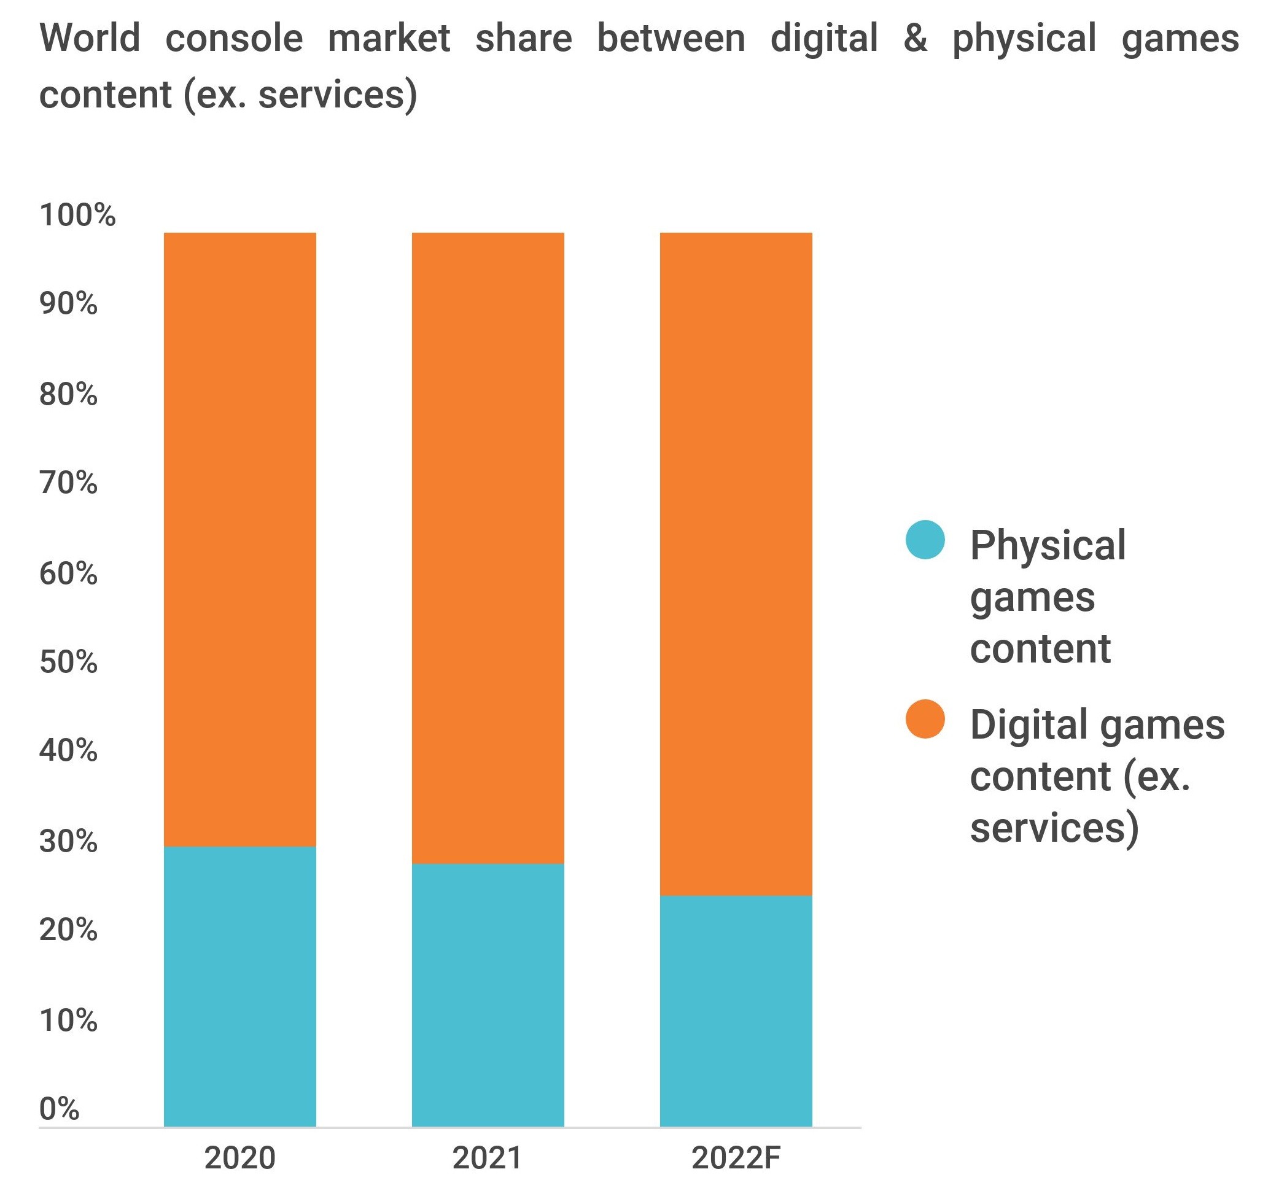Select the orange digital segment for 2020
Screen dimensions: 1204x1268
coord(239,539)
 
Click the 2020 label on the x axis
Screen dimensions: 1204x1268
coord(239,1158)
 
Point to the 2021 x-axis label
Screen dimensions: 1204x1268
coord(487,1158)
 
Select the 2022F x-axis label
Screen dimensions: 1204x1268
coord(736,1158)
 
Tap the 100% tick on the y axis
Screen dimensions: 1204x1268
coord(77,215)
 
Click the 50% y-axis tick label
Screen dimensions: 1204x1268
coord(68,662)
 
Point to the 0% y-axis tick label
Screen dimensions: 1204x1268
coord(59,1108)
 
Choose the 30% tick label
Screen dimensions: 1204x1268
coord(68,841)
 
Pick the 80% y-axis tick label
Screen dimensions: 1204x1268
coord(68,394)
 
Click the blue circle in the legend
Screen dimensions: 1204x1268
coord(925,539)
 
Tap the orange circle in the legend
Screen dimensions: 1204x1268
coord(925,718)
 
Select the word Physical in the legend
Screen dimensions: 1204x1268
coord(1048,546)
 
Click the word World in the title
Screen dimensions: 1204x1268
coord(90,38)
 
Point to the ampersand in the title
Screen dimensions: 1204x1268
coord(915,38)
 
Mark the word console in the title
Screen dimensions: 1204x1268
coord(233,38)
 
